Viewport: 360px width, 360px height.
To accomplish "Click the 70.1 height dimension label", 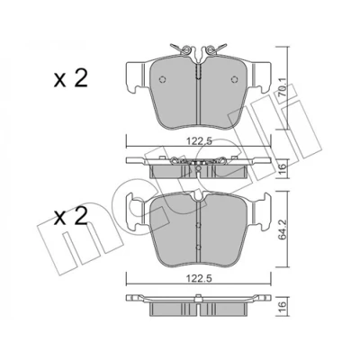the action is (x=283, y=88).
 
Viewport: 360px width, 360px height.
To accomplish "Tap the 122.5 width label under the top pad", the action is (x=199, y=140).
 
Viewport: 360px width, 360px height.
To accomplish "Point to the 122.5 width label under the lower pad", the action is (x=199, y=278).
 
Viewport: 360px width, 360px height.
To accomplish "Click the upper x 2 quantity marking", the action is (x=71, y=78).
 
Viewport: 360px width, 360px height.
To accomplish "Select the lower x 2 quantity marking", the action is (x=71, y=216).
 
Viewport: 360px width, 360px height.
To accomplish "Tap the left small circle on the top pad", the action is (x=162, y=79).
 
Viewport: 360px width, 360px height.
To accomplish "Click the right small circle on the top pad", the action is (x=235, y=79).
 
